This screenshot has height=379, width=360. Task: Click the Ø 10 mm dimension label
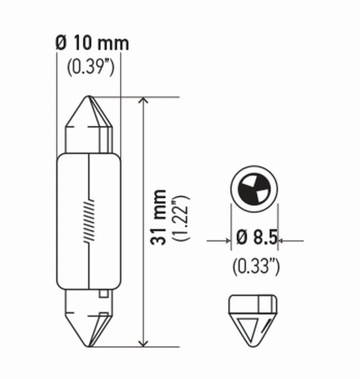pos(92,44)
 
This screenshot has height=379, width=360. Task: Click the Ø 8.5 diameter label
pos(257,239)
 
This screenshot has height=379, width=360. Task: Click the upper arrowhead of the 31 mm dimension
pos(143,102)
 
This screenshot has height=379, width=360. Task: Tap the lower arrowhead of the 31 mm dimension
pos(143,341)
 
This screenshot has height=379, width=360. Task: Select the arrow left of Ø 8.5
pos(224,241)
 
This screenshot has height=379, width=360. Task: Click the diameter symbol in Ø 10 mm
pos(60,44)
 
